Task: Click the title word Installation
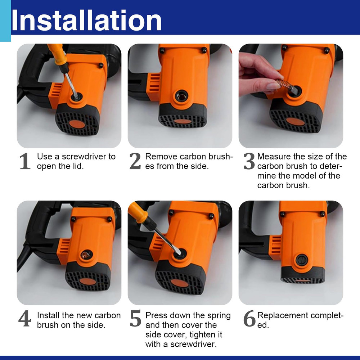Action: tap(86, 21)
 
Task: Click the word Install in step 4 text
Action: tap(48, 315)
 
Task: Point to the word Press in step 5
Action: tap(156, 315)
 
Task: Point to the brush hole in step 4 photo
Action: tap(86, 255)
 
